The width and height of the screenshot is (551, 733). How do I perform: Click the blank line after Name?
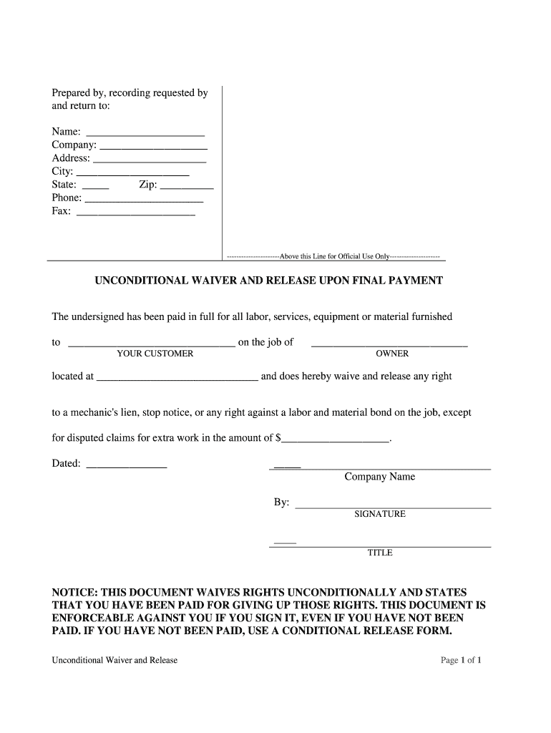(145, 135)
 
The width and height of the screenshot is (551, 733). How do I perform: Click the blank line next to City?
(132, 174)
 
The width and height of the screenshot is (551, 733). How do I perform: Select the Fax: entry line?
(135, 213)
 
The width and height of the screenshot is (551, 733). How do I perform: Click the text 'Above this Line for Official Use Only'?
(334, 256)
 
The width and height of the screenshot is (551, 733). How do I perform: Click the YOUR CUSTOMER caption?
(155, 354)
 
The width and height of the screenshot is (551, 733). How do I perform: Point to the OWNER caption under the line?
(392, 354)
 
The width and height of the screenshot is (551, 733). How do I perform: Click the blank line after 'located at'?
(177, 379)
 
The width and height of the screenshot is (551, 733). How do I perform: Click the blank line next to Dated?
(126, 467)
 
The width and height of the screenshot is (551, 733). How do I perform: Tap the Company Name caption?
(379, 477)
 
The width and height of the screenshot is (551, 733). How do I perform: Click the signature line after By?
(393, 506)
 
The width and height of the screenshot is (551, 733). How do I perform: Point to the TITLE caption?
(379, 553)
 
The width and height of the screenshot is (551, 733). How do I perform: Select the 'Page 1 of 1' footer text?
(461, 660)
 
